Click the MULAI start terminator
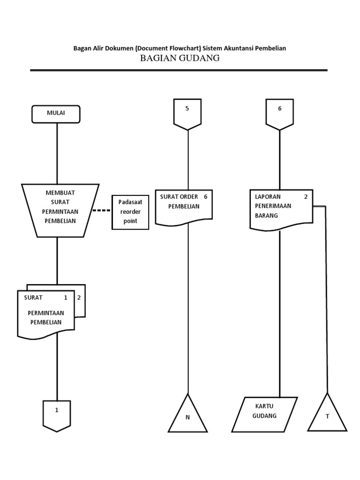pos(56,114)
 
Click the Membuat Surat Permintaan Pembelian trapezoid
pos(60,209)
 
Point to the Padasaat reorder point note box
pos(130,212)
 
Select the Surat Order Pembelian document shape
pos(184,206)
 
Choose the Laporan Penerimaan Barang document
pos(281,208)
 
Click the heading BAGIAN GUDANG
pos(180,58)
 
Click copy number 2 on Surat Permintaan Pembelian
pos(79,298)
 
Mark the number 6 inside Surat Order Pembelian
pos(205,197)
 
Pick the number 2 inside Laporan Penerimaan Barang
pos(306,197)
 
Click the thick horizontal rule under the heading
pos(179,70)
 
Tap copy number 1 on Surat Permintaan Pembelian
pos(66,298)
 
